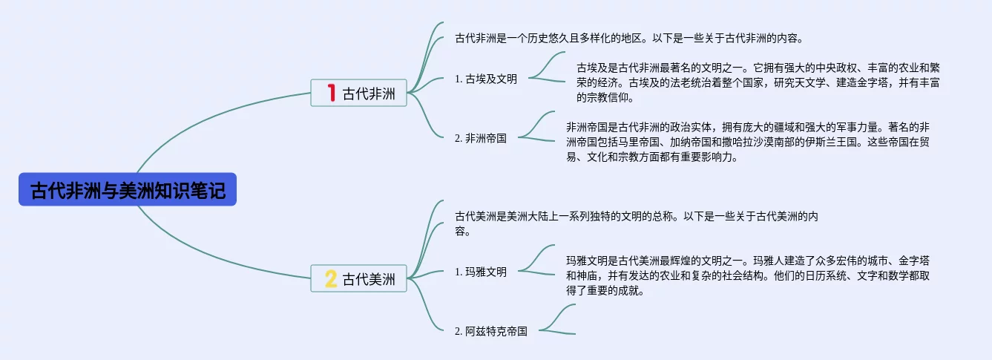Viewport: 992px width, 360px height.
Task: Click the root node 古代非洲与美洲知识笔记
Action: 127,190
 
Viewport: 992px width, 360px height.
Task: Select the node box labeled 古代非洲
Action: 359,93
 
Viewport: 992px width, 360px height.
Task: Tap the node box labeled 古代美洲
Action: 359,278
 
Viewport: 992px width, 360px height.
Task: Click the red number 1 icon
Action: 331,93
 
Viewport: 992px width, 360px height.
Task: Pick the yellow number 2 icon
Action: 331,278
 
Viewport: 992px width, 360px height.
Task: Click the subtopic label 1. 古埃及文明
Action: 486,79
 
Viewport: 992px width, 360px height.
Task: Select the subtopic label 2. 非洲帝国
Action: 481,137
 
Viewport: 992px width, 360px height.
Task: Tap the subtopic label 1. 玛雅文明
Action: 481,272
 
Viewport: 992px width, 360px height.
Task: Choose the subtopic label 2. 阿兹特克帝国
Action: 491,331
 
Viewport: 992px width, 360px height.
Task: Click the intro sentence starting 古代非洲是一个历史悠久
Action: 629,38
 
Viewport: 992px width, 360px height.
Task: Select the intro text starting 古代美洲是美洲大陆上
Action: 636,223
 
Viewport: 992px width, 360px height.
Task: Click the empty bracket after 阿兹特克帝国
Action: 558,319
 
